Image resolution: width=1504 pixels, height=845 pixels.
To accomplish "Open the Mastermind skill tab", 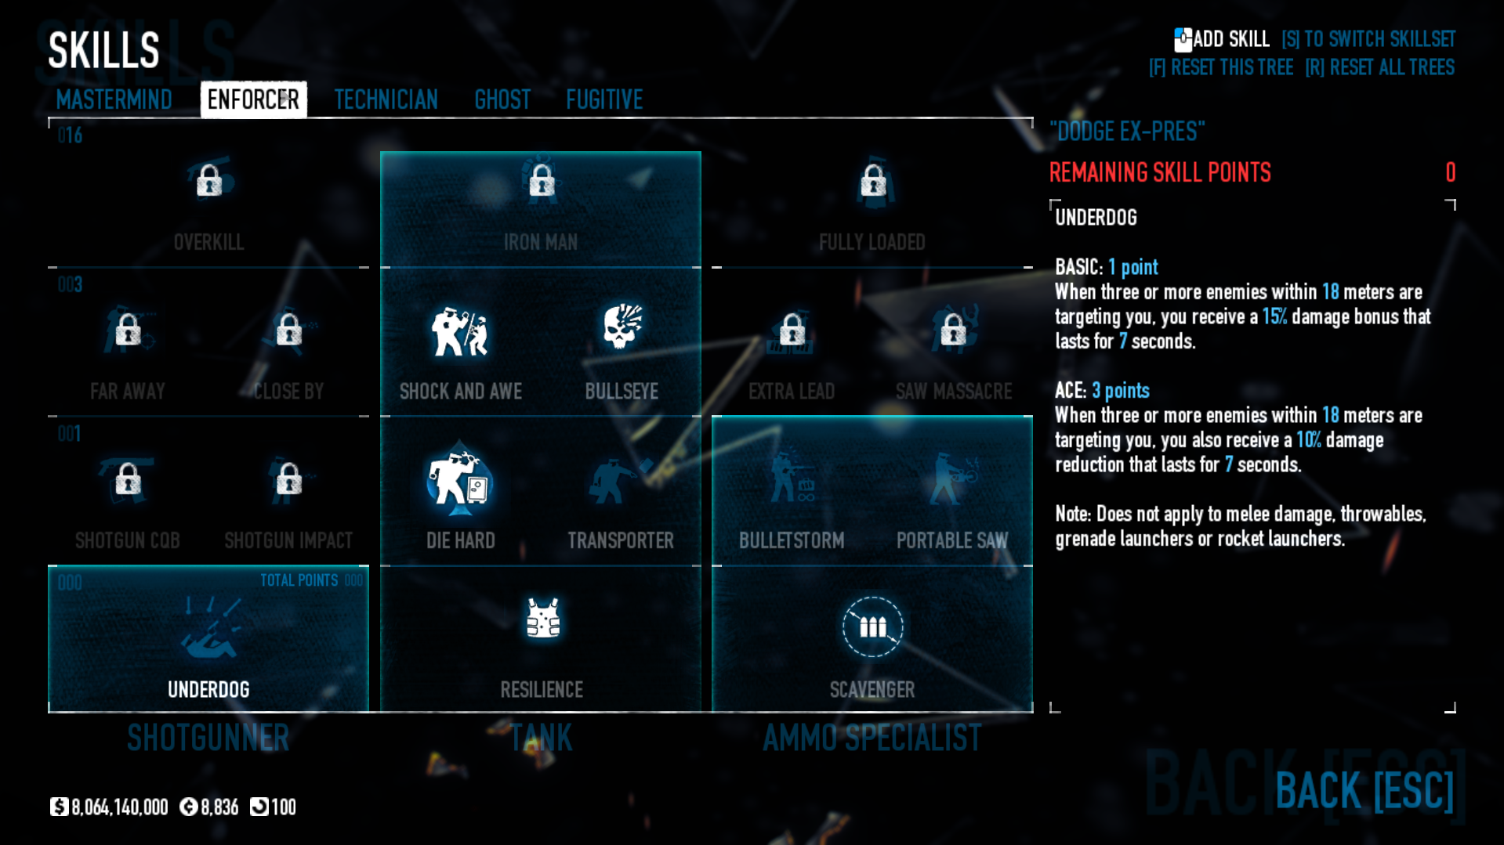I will (114, 99).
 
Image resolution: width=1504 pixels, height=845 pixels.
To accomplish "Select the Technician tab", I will (386, 99).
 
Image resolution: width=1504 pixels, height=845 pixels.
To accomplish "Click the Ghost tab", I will (502, 99).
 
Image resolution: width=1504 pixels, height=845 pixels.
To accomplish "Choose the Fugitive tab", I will (604, 99).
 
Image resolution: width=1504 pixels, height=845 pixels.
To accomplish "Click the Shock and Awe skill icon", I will (460, 331).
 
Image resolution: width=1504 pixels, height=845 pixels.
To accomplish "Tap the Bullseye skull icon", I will (622, 327).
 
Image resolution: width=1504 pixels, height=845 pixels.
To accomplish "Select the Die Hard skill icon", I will (460, 480).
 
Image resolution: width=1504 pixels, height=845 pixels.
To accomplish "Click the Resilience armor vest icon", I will (542, 619).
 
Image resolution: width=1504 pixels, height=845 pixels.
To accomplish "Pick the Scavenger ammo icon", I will (872, 627).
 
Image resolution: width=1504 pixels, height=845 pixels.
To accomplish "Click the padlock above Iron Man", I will (542, 181).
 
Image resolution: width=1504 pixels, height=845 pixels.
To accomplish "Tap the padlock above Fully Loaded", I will (873, 181).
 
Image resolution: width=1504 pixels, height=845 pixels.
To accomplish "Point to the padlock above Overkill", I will (209, 181).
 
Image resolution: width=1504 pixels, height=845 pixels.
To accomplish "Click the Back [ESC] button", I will (1364, 790).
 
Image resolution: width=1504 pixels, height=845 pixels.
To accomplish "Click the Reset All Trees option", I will (1379, 67).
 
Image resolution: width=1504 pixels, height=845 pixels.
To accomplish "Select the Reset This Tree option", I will (1221, 67).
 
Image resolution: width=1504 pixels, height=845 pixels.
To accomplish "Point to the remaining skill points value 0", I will (1450, 172).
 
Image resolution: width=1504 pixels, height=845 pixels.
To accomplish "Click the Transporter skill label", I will (621, 540).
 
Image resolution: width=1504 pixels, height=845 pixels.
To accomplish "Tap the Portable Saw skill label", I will (952, 540).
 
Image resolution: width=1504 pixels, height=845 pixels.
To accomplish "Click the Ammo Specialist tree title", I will (872, 738).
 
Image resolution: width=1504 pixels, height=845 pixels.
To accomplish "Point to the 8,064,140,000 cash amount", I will (119, 807).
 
